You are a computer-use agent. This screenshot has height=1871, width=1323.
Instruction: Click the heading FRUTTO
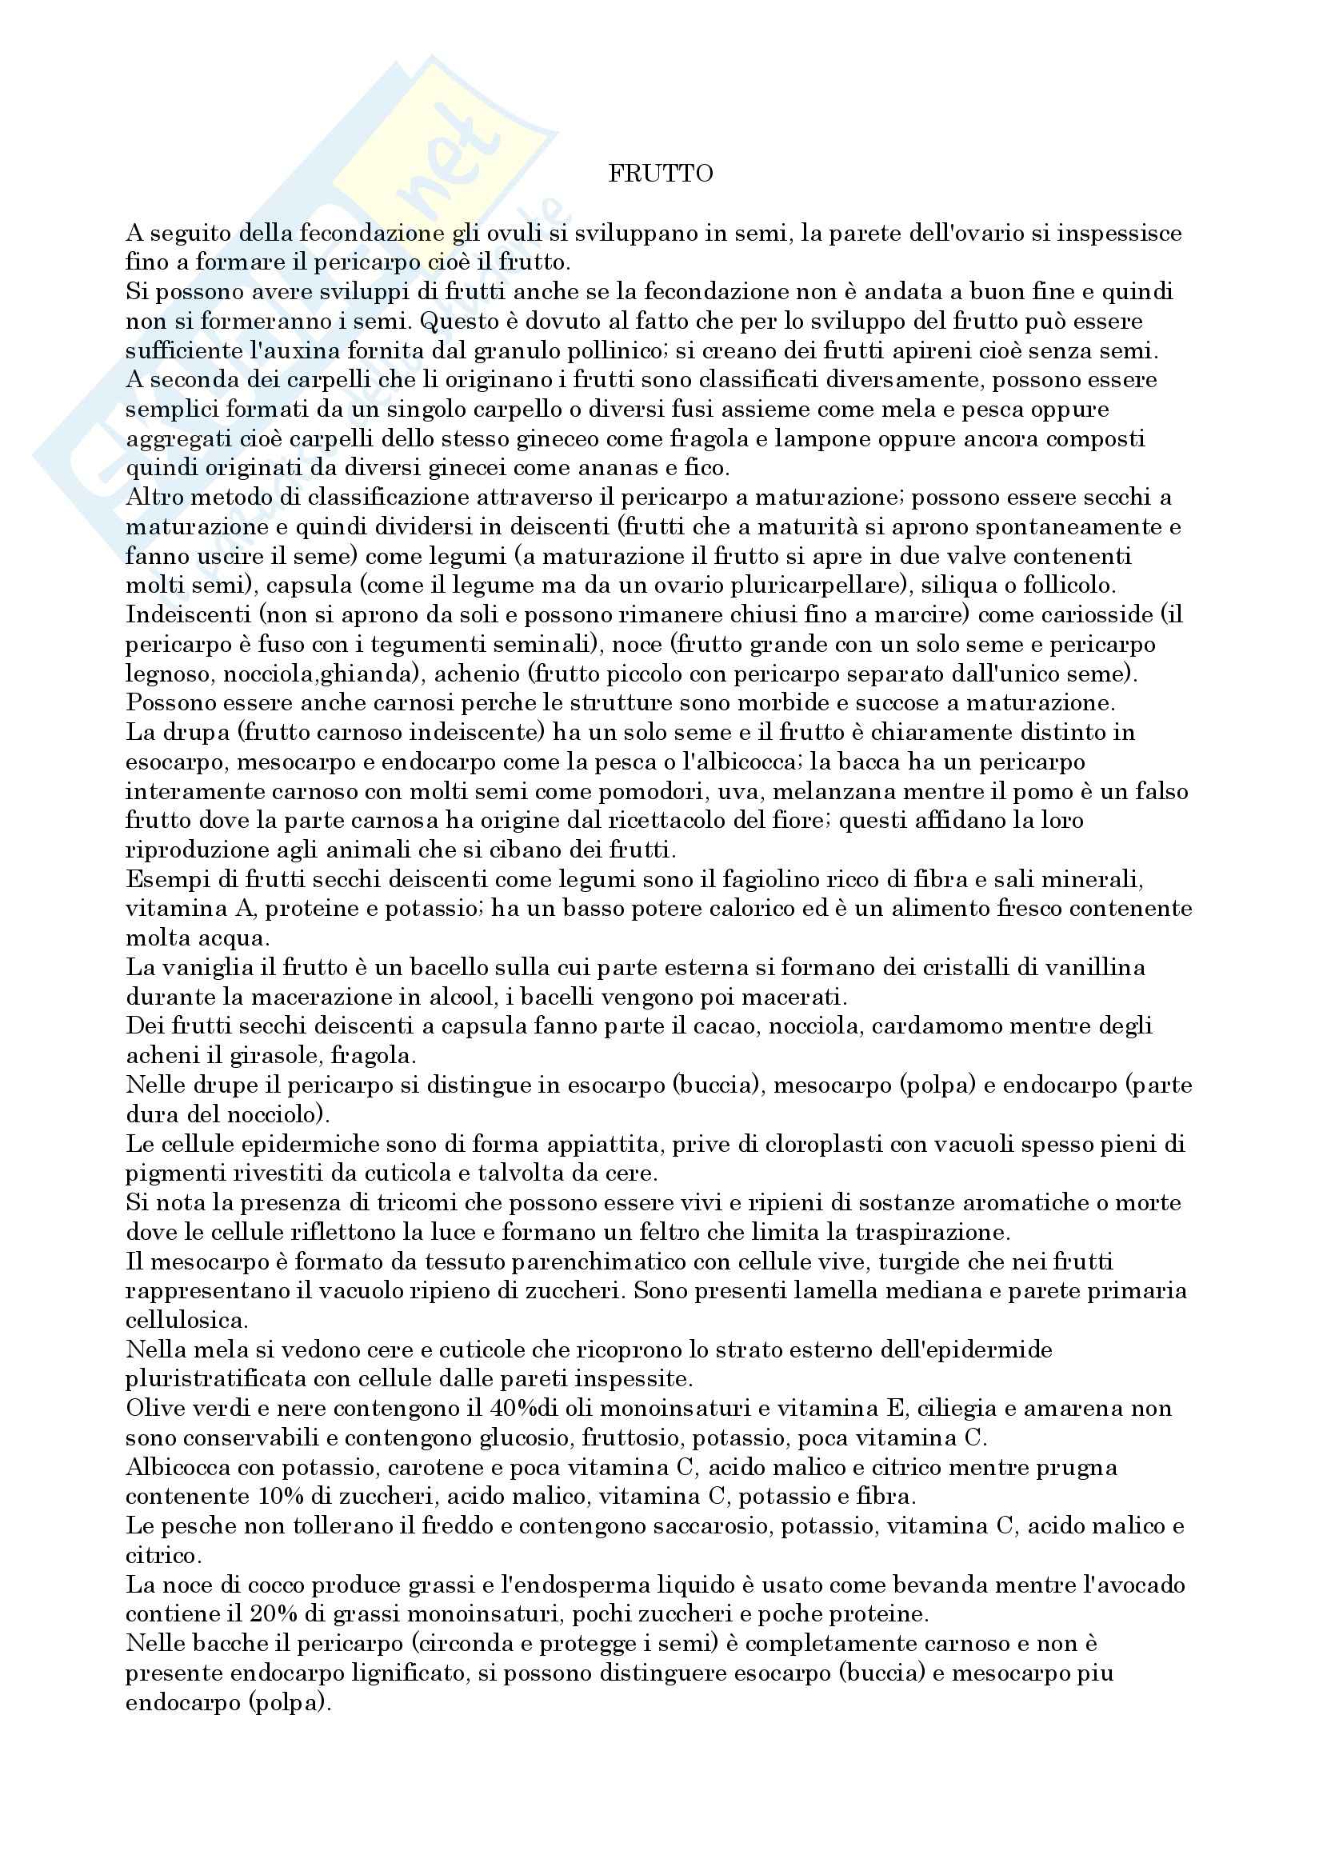click(661, 174)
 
